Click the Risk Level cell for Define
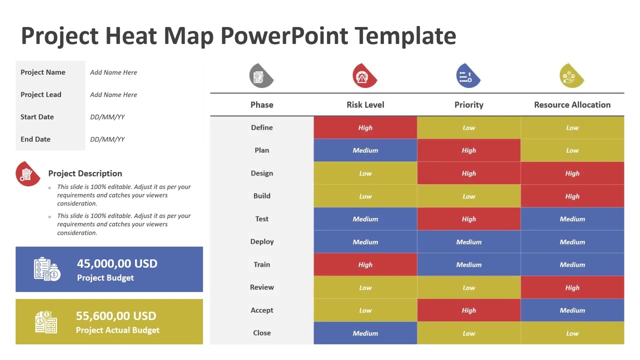pos(365,127)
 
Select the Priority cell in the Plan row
pos(468,150)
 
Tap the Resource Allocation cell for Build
pos(572,196)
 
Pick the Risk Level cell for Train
pos(365,264)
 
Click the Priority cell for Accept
pos(468,310)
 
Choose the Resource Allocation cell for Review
pos(572,287)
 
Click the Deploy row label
pos(261,241)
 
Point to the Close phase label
pos(261,333)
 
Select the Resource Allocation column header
pos(572,104)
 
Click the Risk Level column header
pos(365,104)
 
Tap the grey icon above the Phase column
pos(261,76)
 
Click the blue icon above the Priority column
pos(467,76)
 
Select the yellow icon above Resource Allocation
pos(571,76)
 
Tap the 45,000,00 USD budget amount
pos(117,263)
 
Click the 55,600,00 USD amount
pos(116,316)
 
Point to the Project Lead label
pos(41,94)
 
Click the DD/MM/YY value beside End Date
pos(107,139)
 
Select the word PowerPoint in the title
pos(283,36)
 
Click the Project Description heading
pos(85,173)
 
